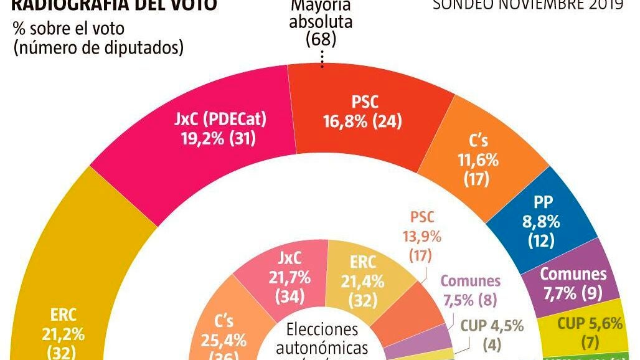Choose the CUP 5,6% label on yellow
tap(581, 331)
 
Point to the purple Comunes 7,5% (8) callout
tap(471, 290)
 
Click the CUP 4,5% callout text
tap(492, 335)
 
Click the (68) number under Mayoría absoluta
tap(321, 39)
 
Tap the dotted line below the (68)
tap(322, 58)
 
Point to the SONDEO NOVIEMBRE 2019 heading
tap(528, 5)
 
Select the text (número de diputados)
tap(98, 48)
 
